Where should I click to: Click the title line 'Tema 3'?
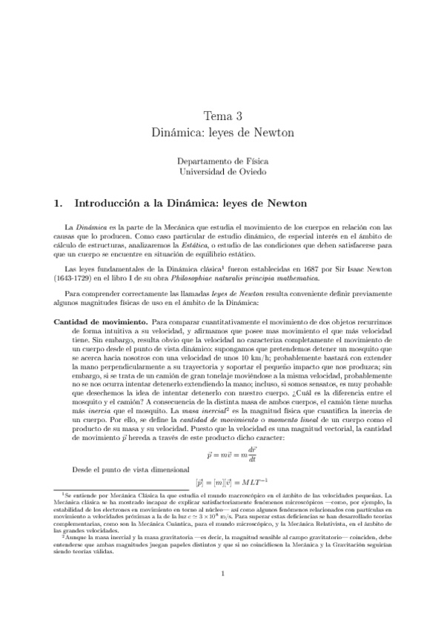coord(222,116)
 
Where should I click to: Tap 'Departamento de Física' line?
coord(222,161)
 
